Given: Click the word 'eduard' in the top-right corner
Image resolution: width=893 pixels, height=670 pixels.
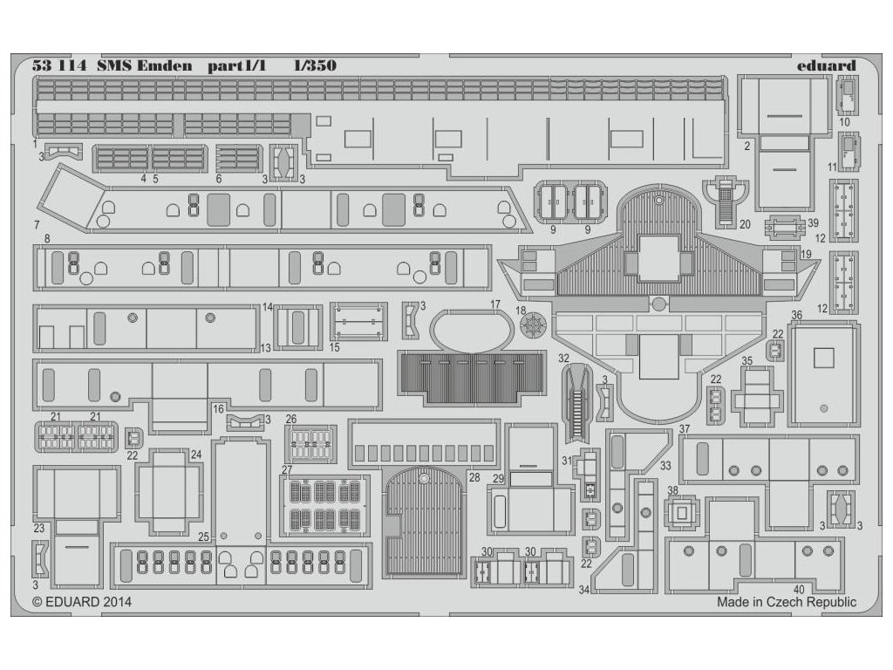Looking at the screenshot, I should tap(826, 65).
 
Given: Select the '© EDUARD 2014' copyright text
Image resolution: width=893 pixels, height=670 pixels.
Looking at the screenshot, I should tap(76, 601).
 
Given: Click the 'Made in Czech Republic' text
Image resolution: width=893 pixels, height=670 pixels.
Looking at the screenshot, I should tap(787, 601).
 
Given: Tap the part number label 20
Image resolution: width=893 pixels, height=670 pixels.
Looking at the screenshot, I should tap(745, 223).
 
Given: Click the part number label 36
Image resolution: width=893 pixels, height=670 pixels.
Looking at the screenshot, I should tap(796, 315).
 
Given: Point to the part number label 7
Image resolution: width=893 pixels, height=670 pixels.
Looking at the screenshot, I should tap(37, 224).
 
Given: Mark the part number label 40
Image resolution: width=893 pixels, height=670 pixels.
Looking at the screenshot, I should tap(799, 589).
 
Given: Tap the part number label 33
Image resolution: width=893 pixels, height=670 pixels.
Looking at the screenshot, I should tap(665, 466).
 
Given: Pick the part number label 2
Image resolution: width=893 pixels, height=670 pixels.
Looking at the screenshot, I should tap(747, 147).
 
